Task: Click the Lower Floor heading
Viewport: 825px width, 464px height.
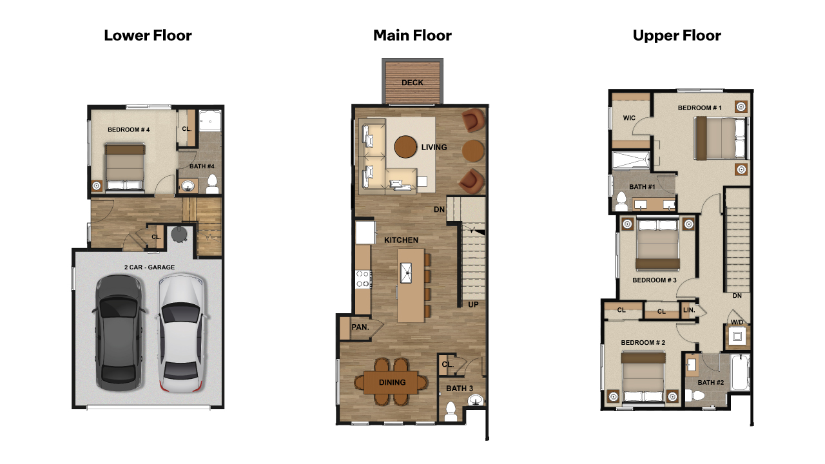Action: pos(148,35)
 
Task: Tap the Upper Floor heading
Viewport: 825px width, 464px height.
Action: pos(677,35)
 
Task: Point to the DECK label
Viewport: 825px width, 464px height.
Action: pos(412,82)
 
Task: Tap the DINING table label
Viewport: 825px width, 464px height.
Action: pos(392,382)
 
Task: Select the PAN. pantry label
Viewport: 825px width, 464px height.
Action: pos(360,327)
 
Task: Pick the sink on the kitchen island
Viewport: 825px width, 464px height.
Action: pos(408,273)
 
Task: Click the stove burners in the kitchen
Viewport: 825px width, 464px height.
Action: pos(363,278)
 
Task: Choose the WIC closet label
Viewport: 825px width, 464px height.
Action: pos(630,119)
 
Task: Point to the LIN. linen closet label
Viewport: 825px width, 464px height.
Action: pos(689,311)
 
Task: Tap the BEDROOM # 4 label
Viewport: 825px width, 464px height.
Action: pos(129,130)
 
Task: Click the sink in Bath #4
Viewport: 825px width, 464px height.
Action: pos(188,186)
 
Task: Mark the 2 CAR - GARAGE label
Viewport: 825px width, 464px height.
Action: pos(150,267)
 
